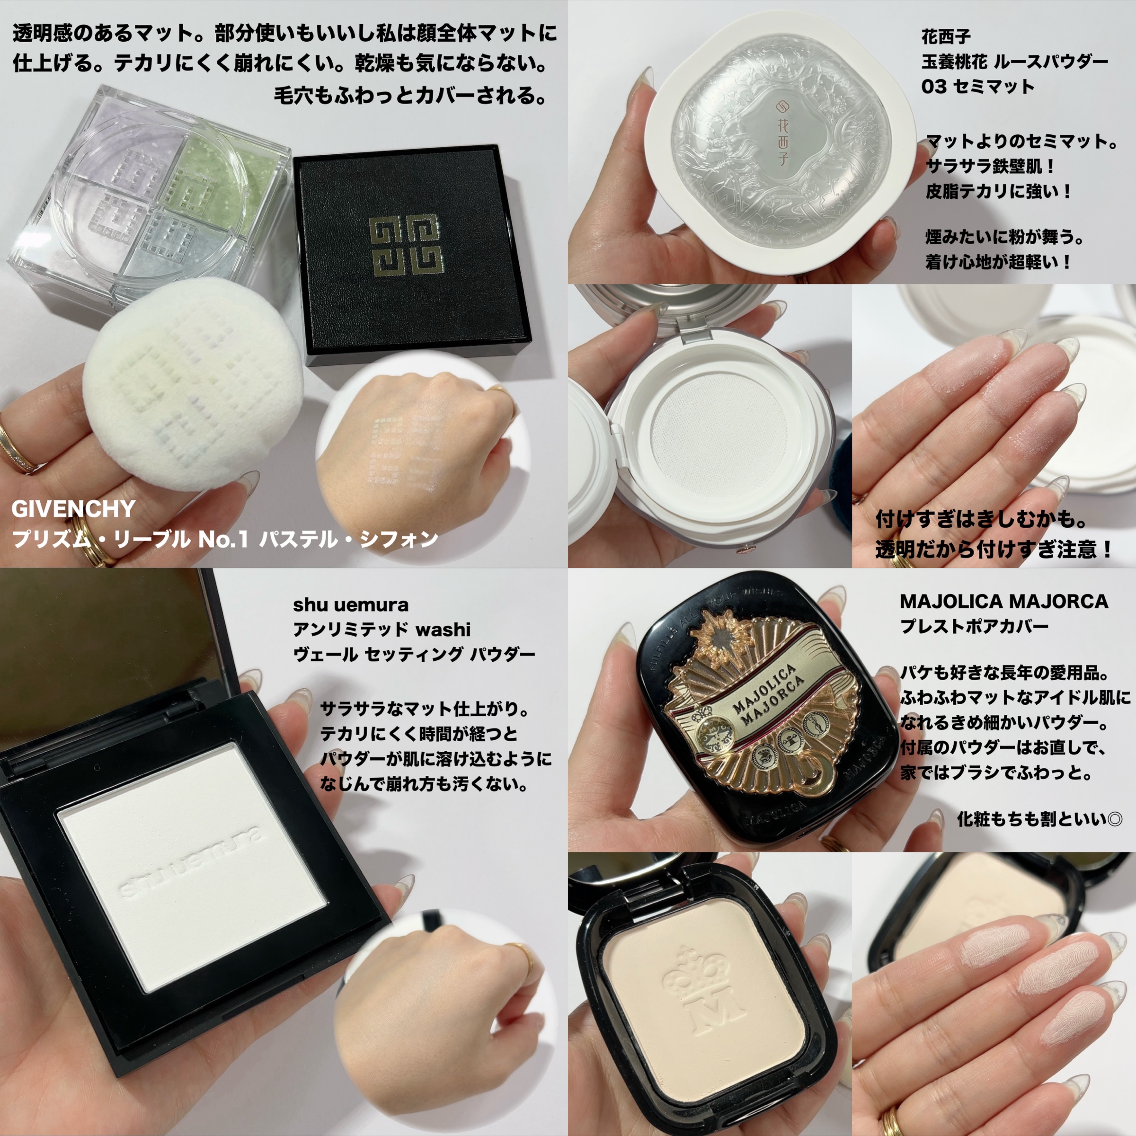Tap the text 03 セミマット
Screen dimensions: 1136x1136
pos(977,87)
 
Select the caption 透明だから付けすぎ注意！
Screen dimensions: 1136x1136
pos(994,550)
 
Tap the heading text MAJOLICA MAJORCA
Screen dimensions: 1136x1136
pos(1004,601)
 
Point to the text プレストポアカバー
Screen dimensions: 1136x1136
pos(974,626)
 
